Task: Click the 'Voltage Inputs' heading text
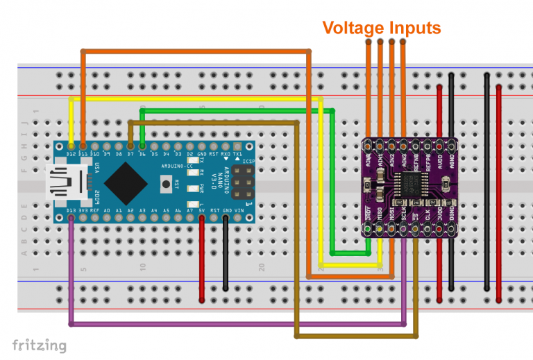point(381,28)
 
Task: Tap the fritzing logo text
point(40,345)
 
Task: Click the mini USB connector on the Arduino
point(62,182)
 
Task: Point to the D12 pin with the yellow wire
point(71,146)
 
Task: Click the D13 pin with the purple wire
point(71,218)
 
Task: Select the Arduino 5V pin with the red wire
point(202,218)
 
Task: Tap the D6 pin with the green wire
point(142,146)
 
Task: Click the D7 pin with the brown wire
point(130,146)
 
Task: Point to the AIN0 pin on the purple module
point(367,146)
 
